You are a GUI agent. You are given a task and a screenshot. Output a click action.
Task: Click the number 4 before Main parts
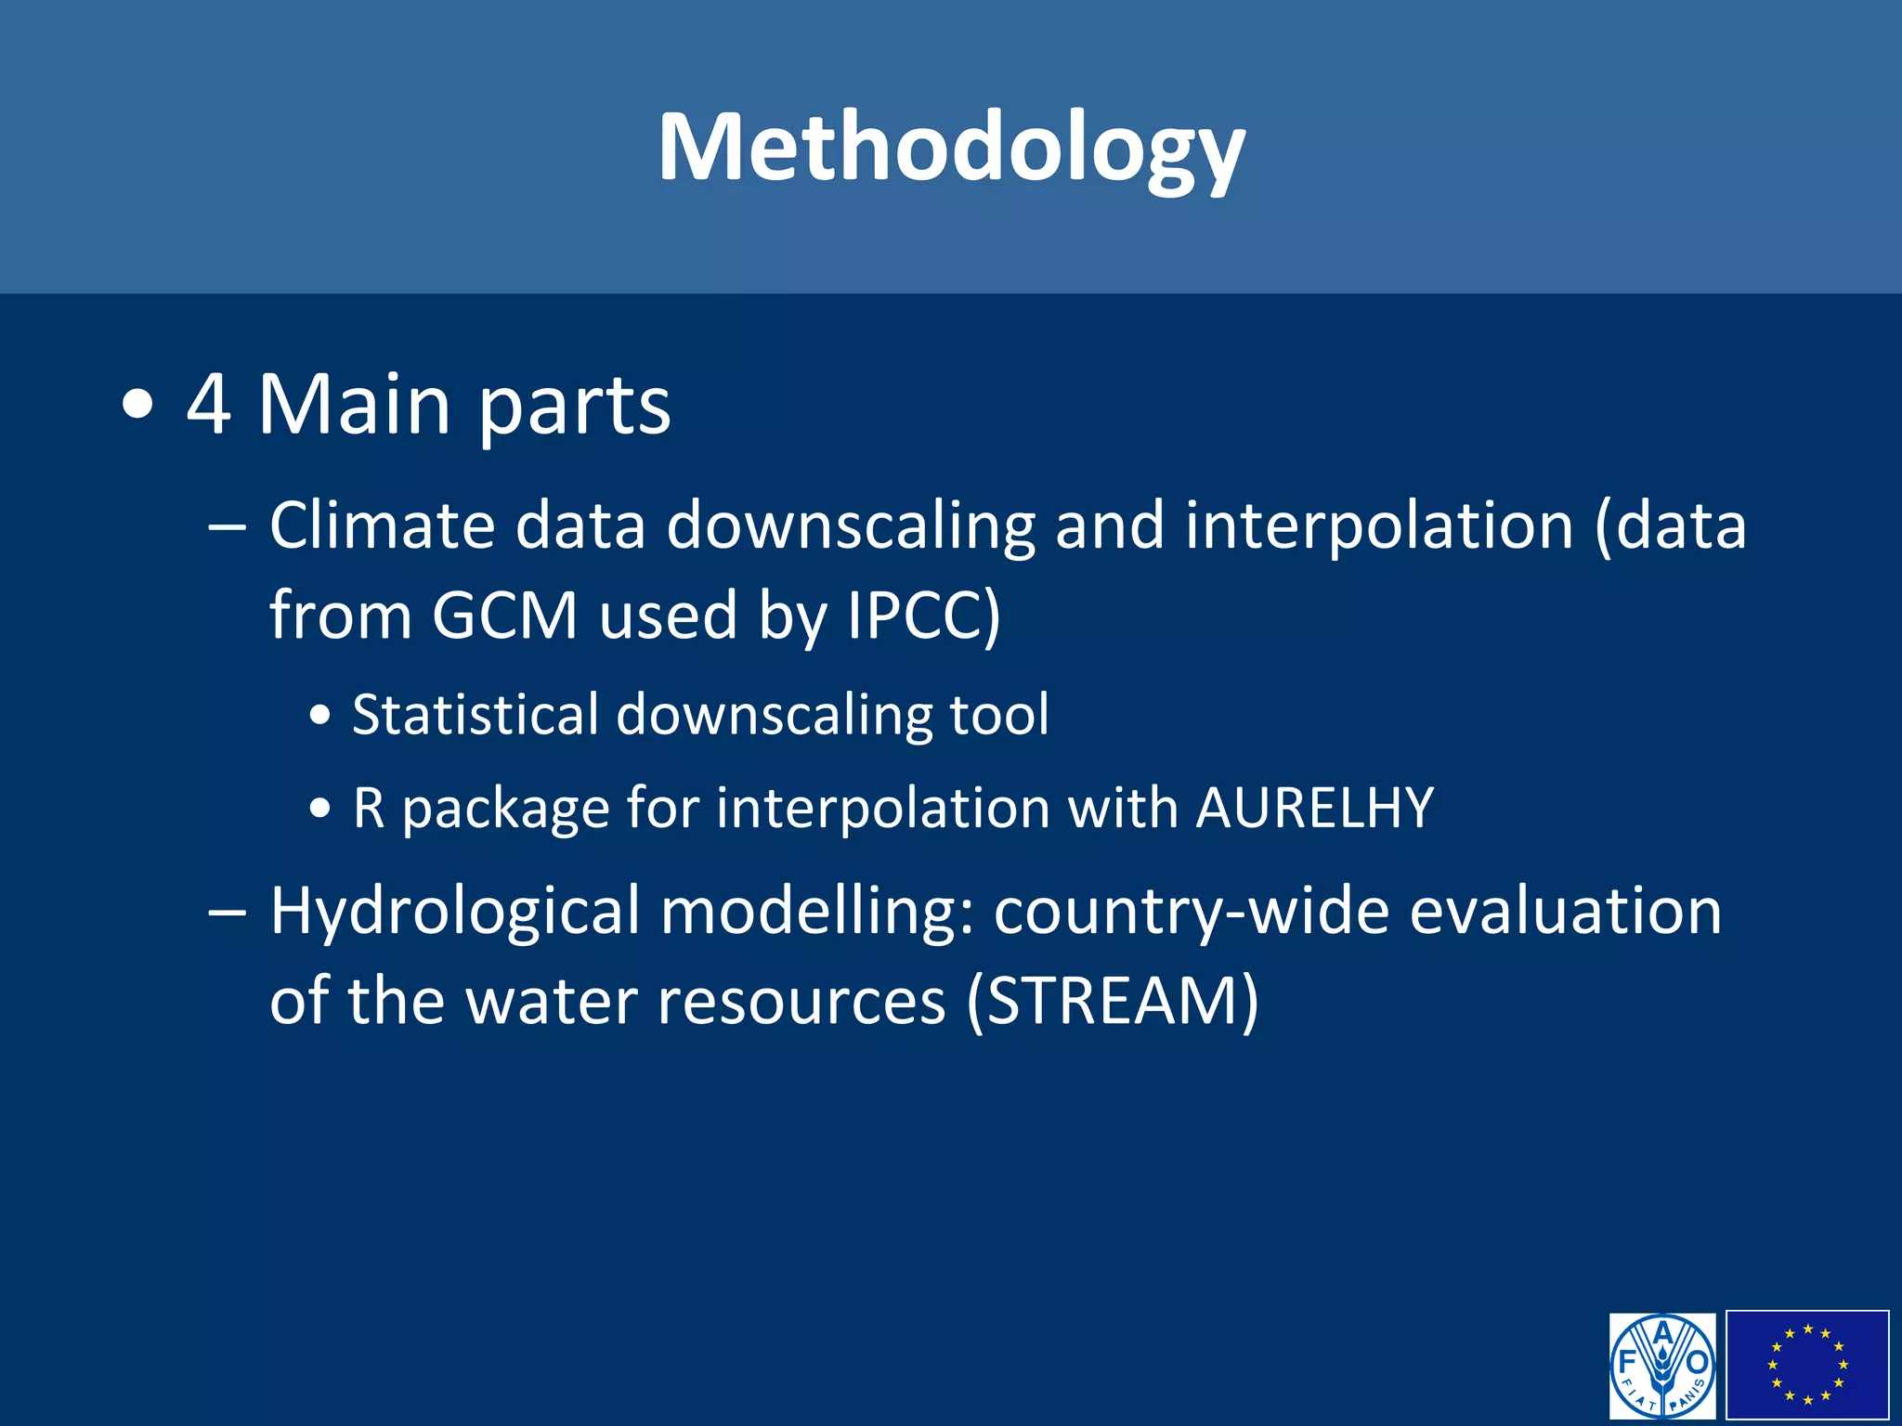(209, 404)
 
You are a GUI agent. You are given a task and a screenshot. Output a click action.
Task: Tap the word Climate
(383, 525)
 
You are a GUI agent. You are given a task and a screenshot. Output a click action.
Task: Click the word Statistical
(475, 715)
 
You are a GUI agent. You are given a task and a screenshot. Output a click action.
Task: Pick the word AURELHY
(1315, 808)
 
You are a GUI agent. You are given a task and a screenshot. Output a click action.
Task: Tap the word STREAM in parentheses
(1113, 1001)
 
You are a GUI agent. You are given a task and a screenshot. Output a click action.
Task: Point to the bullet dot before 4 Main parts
(137, 407)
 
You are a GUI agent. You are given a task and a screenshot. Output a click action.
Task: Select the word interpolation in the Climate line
(1379, 525)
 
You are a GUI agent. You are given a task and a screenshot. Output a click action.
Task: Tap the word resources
(801, 1001)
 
